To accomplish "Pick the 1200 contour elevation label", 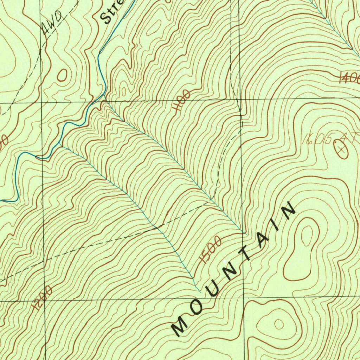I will click(x=42, y=297).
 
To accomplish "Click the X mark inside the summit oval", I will click(x=341, y=149).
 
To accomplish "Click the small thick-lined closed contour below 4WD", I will click(x=62, y=75).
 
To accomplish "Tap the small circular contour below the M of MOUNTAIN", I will click(x=279, y=324).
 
